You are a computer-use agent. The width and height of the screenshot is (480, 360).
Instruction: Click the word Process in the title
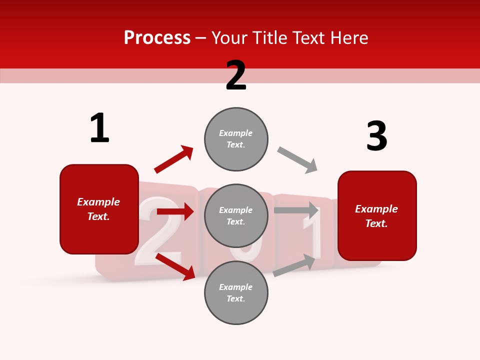click(x=157, y=38)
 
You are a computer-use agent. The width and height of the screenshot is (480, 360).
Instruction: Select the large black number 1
click(x=99, y=128)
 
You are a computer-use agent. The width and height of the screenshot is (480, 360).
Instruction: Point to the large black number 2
click(x=236, y=75)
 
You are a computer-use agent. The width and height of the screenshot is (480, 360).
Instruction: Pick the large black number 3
click(x=376, y=136)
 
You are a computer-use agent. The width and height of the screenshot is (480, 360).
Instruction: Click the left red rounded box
click(x=99, y=209)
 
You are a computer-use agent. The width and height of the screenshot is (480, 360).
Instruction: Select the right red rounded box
click(x=377, y=216)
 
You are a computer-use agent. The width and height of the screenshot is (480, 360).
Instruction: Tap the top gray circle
click(x=236, y=138)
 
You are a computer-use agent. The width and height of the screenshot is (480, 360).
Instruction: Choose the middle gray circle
click(x=236, y=215)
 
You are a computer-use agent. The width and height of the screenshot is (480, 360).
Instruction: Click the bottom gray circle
click(x=236, y=292)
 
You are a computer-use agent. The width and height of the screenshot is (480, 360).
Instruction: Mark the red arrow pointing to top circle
click(x=174, y=159)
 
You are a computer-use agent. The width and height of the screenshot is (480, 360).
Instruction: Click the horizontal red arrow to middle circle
click(x=175, y=211)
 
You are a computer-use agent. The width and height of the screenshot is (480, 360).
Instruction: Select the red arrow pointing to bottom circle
click(x=175, y=266)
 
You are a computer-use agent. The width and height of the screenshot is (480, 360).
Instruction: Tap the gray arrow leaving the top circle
click(x=297, y=160)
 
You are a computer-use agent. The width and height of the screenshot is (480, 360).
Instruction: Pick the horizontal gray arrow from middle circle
click(x=296, y=210)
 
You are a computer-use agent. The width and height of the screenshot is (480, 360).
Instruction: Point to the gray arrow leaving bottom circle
click(x=294, y=265)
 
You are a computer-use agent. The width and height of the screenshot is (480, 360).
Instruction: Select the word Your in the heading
click(x=227, y=38)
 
